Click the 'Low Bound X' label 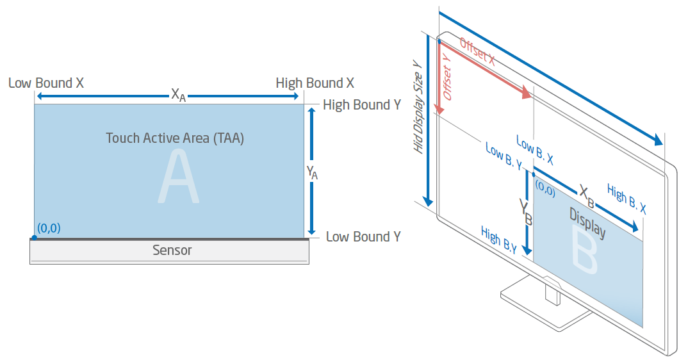tap(46, 83)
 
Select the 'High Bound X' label tap(315, 83)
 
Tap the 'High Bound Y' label tap(361, 105)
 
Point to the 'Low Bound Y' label tap(363, 237)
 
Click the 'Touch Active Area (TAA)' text tap(175, 138)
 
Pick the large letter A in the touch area tap(179, 179)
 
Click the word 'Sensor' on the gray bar tap(172, 250)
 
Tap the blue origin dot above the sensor tap(34, 238)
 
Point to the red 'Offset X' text tap(477, 51)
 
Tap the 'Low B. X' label tap(534, 148)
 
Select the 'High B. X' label tap(626, 199)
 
